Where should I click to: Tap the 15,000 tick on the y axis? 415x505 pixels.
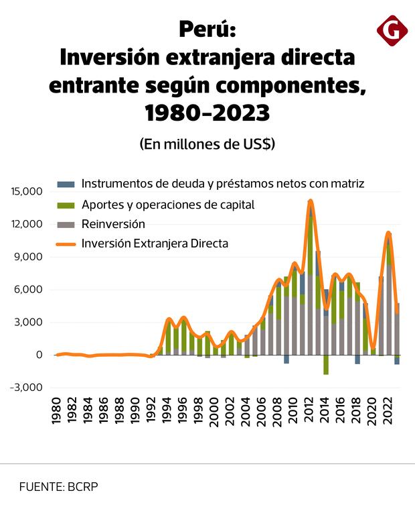coord(27,191)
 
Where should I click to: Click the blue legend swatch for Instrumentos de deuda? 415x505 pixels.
coord(66,184)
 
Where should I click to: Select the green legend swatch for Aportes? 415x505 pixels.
coord(66,205)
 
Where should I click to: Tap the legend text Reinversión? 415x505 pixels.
coord(113,224)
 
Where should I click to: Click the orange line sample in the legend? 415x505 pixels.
coord(66,243)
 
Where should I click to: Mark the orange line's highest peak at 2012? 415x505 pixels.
coord(310,201)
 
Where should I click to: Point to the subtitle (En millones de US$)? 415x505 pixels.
coord(207,144)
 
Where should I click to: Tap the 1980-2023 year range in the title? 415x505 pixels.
coord(207,112)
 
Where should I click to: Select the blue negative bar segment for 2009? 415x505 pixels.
coord(286,359)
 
